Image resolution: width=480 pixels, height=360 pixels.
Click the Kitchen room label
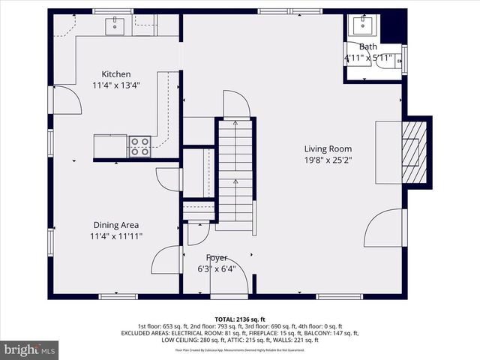click(116, 74)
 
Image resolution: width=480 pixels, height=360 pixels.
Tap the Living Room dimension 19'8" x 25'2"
click(328, 160)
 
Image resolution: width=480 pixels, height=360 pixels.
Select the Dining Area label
click(115, 225)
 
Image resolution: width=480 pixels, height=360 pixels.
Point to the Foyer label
click(217, 258)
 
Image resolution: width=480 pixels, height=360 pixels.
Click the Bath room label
click(368, 46)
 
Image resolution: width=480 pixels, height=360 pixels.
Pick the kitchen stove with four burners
click(139, 145)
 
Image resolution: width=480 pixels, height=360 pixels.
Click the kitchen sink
click(115, 26)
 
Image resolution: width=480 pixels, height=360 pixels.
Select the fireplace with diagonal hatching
click(412, 151)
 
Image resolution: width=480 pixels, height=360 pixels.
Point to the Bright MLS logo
click(30, 349)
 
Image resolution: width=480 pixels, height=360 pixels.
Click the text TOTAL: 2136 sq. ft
click(240, 319)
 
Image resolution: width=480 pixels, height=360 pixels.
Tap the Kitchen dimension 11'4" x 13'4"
click(116, 85)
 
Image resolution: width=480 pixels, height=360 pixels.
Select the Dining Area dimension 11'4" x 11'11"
click(115, 236)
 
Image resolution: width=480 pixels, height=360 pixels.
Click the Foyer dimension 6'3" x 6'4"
click(217, 269)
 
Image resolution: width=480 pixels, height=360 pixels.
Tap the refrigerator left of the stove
click(110, 145)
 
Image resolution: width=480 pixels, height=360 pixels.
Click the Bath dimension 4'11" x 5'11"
click(368, 58)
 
